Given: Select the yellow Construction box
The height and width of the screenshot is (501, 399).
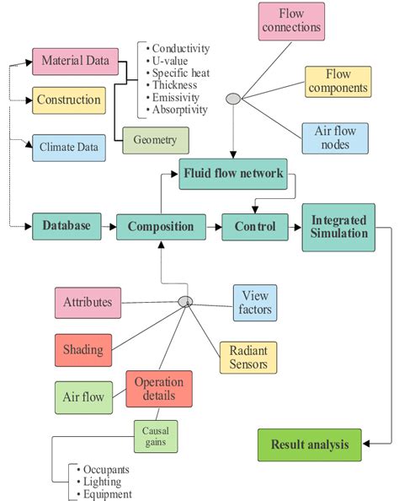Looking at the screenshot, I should point(69,100).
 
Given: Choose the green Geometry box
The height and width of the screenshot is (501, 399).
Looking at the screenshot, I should point(155,140).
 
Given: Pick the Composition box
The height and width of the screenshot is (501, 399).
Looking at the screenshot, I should point(160,226).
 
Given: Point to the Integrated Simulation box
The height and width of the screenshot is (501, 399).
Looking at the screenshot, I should point(338,225).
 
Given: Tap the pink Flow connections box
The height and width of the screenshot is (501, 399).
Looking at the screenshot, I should point(291,22).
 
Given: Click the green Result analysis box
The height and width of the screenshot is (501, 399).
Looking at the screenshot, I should point(309,444).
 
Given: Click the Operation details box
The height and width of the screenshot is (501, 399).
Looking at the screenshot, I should point(160,389).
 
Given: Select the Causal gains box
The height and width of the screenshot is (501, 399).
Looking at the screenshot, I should point(155,437).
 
